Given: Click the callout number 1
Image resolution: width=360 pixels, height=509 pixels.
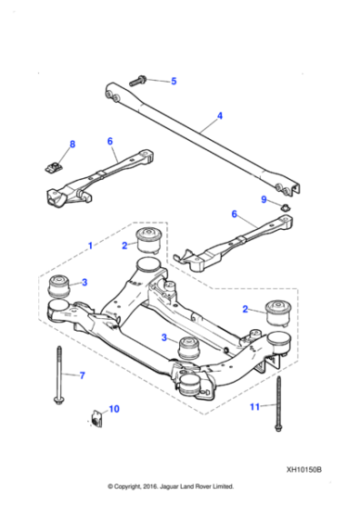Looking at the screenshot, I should [x=90, y=245].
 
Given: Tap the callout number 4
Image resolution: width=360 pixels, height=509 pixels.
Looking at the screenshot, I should [x=219, y=116].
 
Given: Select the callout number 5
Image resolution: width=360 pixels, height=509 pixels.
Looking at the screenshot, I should [x=174, y=82].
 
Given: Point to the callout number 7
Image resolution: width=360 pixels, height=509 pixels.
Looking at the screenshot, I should [x=81, y=374].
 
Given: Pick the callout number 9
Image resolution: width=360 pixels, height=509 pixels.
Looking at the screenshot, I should [x=264, y=199].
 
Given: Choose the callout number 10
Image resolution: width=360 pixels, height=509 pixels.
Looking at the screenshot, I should [x=114, y=409].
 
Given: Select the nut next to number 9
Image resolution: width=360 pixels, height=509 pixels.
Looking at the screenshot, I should [x=285, y=211].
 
